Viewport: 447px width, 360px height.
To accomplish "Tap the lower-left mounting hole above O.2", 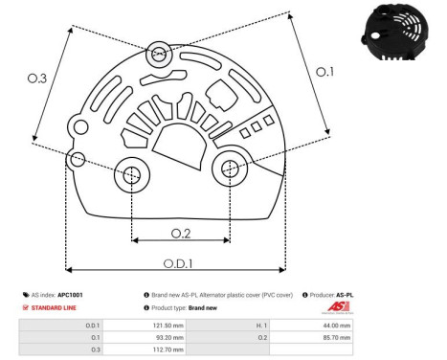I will coord(130,174).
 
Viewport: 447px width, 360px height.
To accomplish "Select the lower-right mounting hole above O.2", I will coord(230,169).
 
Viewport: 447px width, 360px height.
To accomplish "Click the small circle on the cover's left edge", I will coord(78,158).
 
